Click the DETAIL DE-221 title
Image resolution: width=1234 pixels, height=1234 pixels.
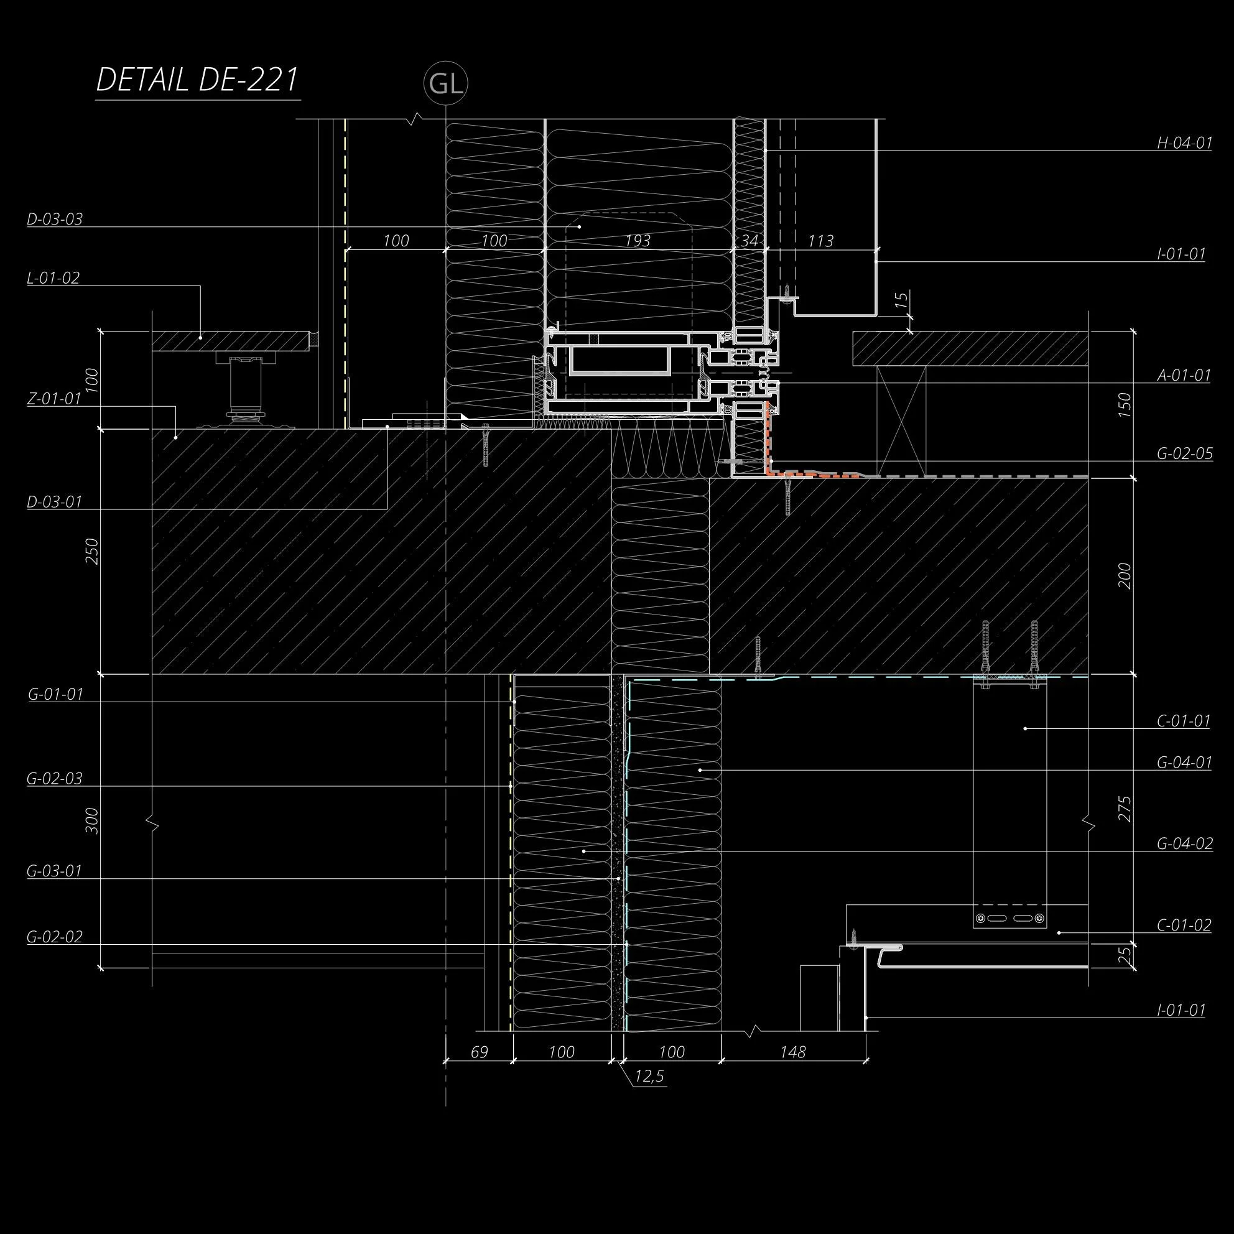[197, 80]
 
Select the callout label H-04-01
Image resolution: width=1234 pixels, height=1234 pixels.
[1184, 142]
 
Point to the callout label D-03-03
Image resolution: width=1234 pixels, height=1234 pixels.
[55, 219]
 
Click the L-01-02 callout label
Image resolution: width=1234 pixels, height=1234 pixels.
[53, 278]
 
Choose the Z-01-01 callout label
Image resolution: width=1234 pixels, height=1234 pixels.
[54, 399]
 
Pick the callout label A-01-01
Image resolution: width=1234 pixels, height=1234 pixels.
[1184, 375]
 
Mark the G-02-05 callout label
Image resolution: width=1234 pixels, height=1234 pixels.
[1184, 453]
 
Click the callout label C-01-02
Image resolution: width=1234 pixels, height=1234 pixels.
[1184, 925]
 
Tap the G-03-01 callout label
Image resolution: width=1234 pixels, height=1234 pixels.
[54, 871]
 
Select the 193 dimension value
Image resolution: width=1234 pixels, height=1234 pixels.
[637, 241]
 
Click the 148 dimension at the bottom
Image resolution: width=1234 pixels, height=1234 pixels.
[792, 1052]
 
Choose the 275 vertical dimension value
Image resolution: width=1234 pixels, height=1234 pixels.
[1125, 809]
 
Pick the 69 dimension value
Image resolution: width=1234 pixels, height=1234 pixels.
[479, 1052]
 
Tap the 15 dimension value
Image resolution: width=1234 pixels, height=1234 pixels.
[901, 300]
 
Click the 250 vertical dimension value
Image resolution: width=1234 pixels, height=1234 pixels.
[93, 550]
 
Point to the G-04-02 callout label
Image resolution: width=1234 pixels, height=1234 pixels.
[1184, 844]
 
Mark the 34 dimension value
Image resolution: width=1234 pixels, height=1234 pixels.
[749, 241]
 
